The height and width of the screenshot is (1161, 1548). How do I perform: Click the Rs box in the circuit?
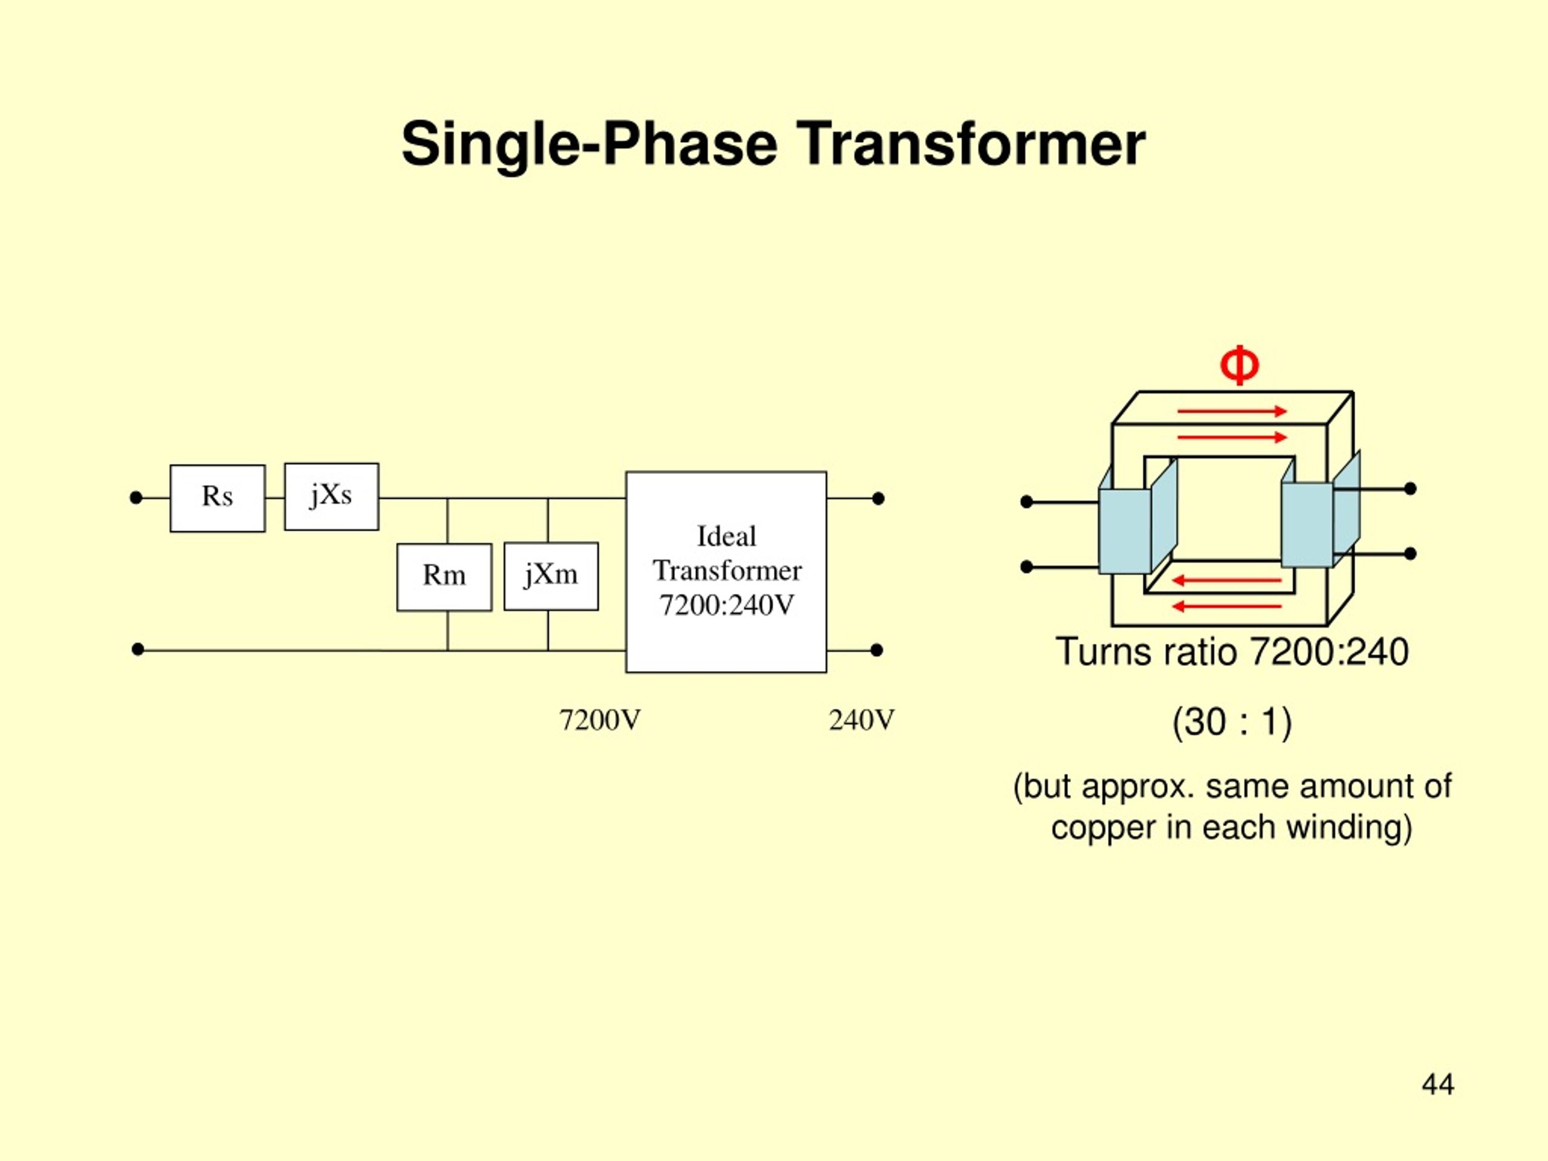(x=218, y=498)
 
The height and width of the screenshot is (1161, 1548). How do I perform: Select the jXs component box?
(x=332, y=496)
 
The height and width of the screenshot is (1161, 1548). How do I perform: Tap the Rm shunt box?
(x=444, y=577)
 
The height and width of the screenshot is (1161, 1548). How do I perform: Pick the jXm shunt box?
(x=551, y=576)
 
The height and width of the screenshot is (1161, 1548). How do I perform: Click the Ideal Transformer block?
(x=726, y=572)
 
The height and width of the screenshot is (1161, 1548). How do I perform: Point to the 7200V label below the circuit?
(x=600, y=720)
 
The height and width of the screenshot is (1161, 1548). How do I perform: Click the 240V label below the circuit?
(x=862, y=720)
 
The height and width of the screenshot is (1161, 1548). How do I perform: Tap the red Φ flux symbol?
(x=1240, y=365)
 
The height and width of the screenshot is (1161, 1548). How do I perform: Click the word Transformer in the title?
(x=971, y=144)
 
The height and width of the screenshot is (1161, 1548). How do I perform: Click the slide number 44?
(x=1438, y=1084)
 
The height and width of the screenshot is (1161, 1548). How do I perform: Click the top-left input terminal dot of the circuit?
(x=137, y=498)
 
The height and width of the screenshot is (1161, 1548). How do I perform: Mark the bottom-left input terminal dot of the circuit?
(x=138, y=649)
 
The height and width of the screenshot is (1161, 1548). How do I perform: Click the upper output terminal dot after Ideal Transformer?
(x=878, y=498)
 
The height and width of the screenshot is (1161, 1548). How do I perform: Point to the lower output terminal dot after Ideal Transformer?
(x=877, y=650)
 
